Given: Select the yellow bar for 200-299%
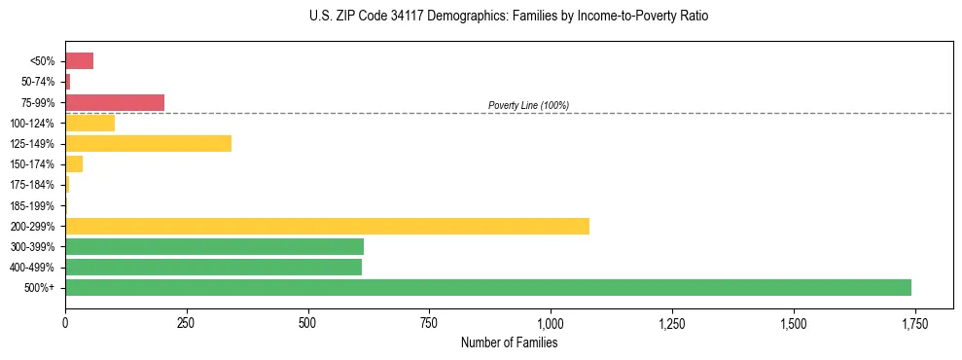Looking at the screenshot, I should coord(327,226).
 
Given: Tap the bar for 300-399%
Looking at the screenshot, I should coord(214,246).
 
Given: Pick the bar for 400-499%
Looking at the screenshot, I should coord(213,267).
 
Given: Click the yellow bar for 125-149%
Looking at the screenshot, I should coord(148,143).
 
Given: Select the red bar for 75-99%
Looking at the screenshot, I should coord(115,102).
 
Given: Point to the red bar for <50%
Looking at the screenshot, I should coord(79,61).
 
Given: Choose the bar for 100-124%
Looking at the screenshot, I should coord(89,123).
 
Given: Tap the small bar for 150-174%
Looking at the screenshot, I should coord(74,163).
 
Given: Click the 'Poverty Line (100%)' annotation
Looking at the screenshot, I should coord(528,105).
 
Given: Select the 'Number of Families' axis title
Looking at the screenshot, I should coord(509,342).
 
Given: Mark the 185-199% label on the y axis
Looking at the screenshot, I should coord(32,205).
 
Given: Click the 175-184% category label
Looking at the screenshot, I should coord(32,185).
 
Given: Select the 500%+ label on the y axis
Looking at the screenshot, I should coord(40,288).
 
